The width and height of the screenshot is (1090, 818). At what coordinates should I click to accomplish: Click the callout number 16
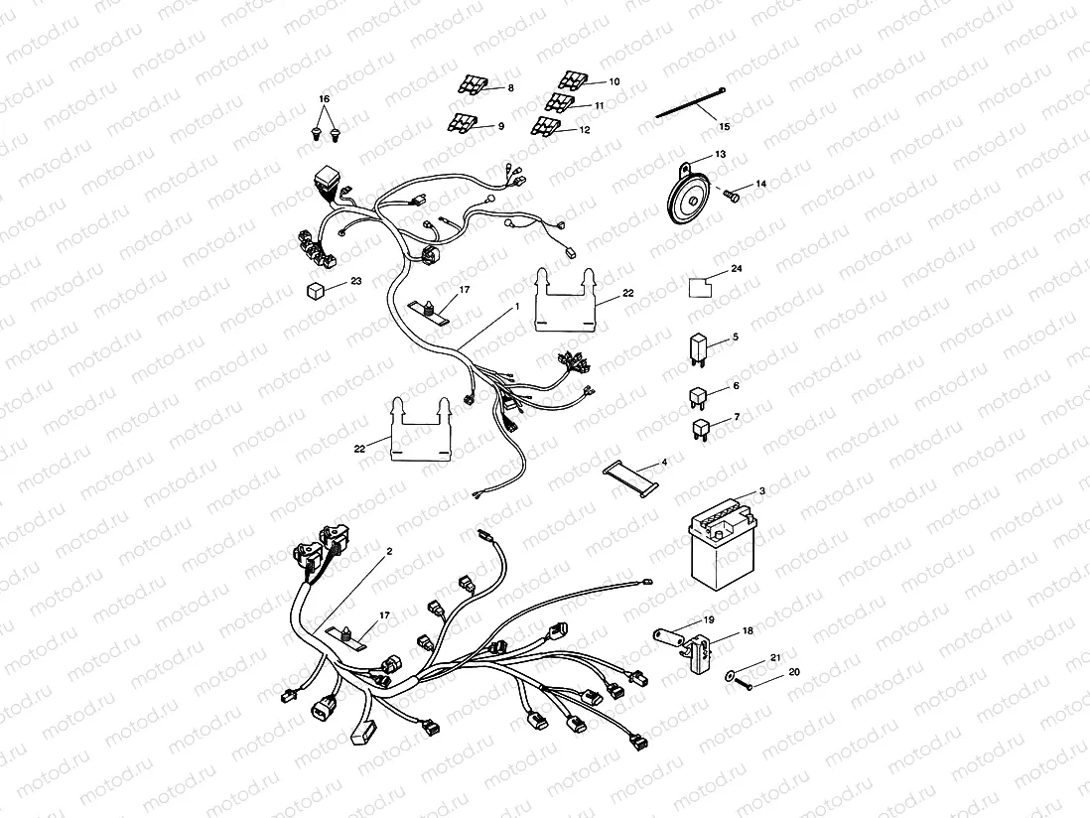point(323,100)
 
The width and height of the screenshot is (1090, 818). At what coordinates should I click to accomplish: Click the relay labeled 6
point(697,395)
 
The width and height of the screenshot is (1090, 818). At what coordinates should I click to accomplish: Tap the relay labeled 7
point(699,430)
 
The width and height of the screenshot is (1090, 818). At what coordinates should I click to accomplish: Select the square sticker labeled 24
point(703,287)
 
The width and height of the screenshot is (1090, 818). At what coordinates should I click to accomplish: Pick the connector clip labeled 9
point(461,123)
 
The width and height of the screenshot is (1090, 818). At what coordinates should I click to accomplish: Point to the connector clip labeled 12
point(544,125)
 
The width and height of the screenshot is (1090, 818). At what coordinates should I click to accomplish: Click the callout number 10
point(613,80)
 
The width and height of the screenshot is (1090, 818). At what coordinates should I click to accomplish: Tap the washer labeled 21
point(733,676)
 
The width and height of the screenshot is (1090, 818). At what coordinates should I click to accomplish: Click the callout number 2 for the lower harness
point(389,550)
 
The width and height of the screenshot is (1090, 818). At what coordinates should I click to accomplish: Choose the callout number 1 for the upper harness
point(517,308)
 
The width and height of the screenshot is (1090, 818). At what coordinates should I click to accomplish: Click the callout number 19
point(708,619)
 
